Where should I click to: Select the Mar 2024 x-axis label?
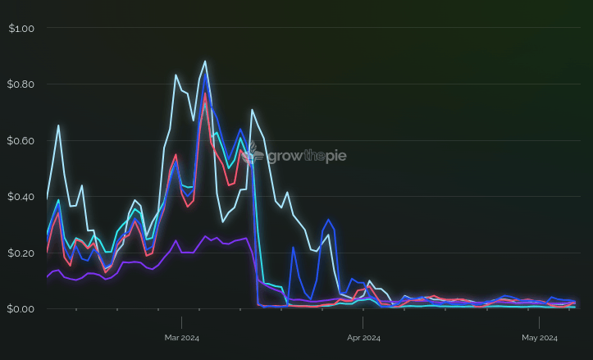(181, 337)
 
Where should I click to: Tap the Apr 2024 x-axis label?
(363, 337)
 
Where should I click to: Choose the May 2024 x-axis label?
(540, 337)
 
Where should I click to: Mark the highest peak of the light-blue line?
(205, 61)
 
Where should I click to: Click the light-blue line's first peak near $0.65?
(58, 125)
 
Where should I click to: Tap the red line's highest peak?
(205, 93)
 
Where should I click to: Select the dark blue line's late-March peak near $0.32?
(328, 220)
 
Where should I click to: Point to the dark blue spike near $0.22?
(293, 247)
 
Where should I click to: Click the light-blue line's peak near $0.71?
(252, 110)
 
